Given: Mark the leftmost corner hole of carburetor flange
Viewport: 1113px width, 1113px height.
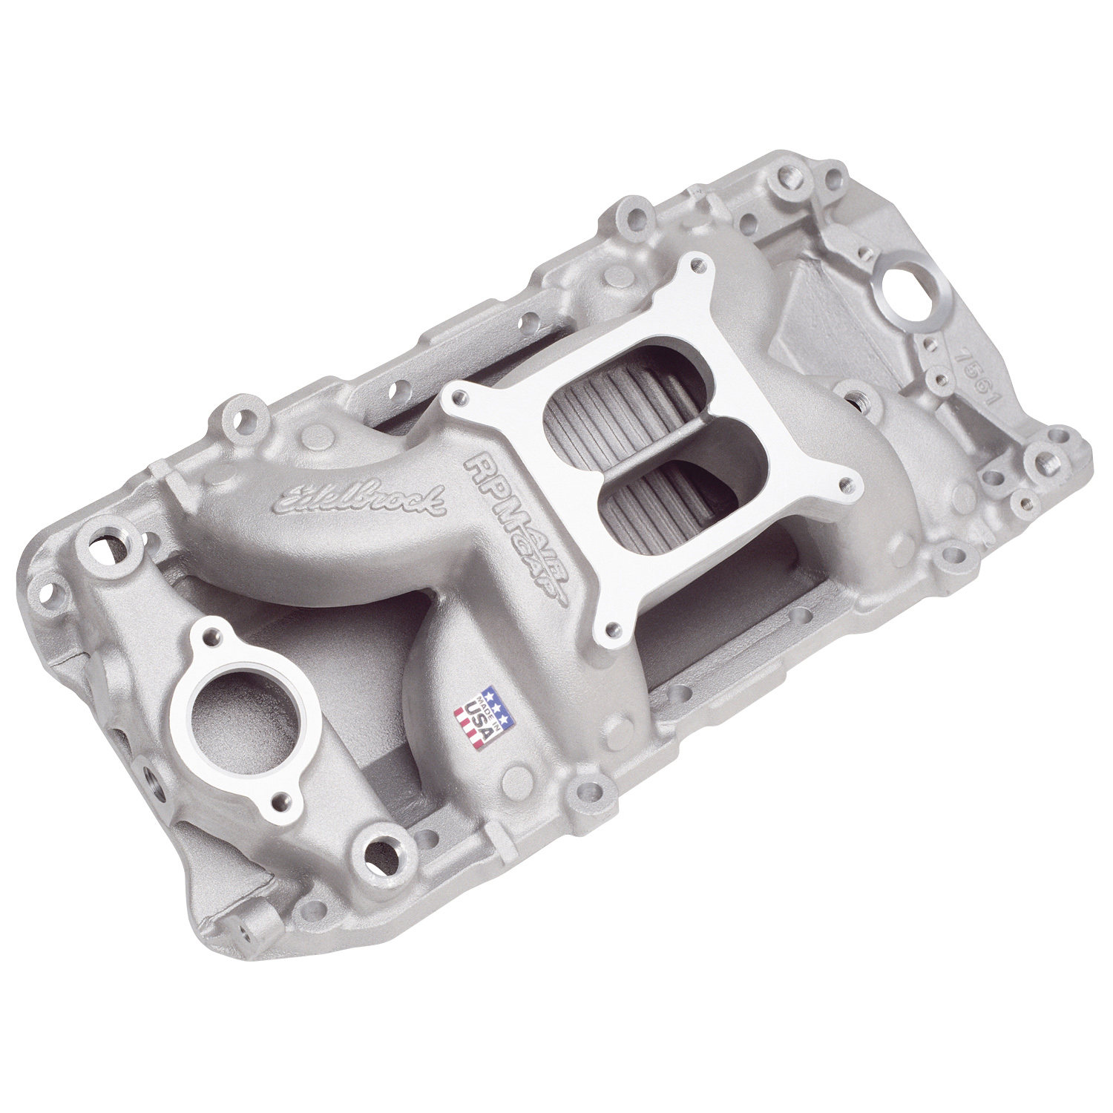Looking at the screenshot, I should point(452,401).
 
